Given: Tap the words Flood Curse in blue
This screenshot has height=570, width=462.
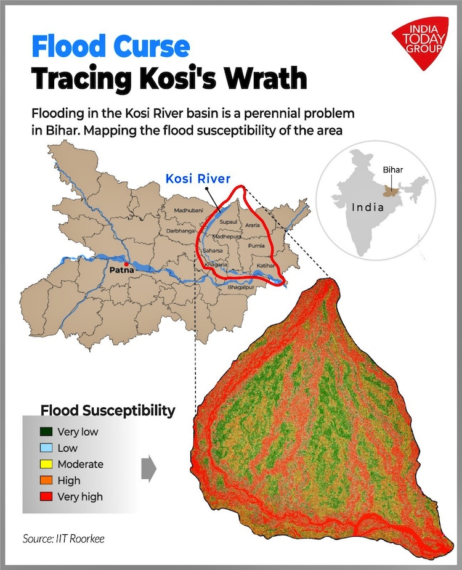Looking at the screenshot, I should click(x=110, y=47).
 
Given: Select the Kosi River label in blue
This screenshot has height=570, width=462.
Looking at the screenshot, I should click(x=198, y=179).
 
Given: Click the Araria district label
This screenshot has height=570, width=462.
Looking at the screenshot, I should click(x=253, y=226).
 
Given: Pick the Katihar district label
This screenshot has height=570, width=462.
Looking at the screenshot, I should click(x=266, y=265).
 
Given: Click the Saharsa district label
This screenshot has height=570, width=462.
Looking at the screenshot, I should click(x=214, y=251).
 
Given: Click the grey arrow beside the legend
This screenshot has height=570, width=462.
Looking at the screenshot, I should click(x=148, y=468).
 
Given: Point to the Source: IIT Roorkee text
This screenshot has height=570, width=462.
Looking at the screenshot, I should click(x=63, y=539).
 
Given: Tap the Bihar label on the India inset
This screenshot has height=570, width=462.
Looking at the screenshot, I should click(x=392, y=169).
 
